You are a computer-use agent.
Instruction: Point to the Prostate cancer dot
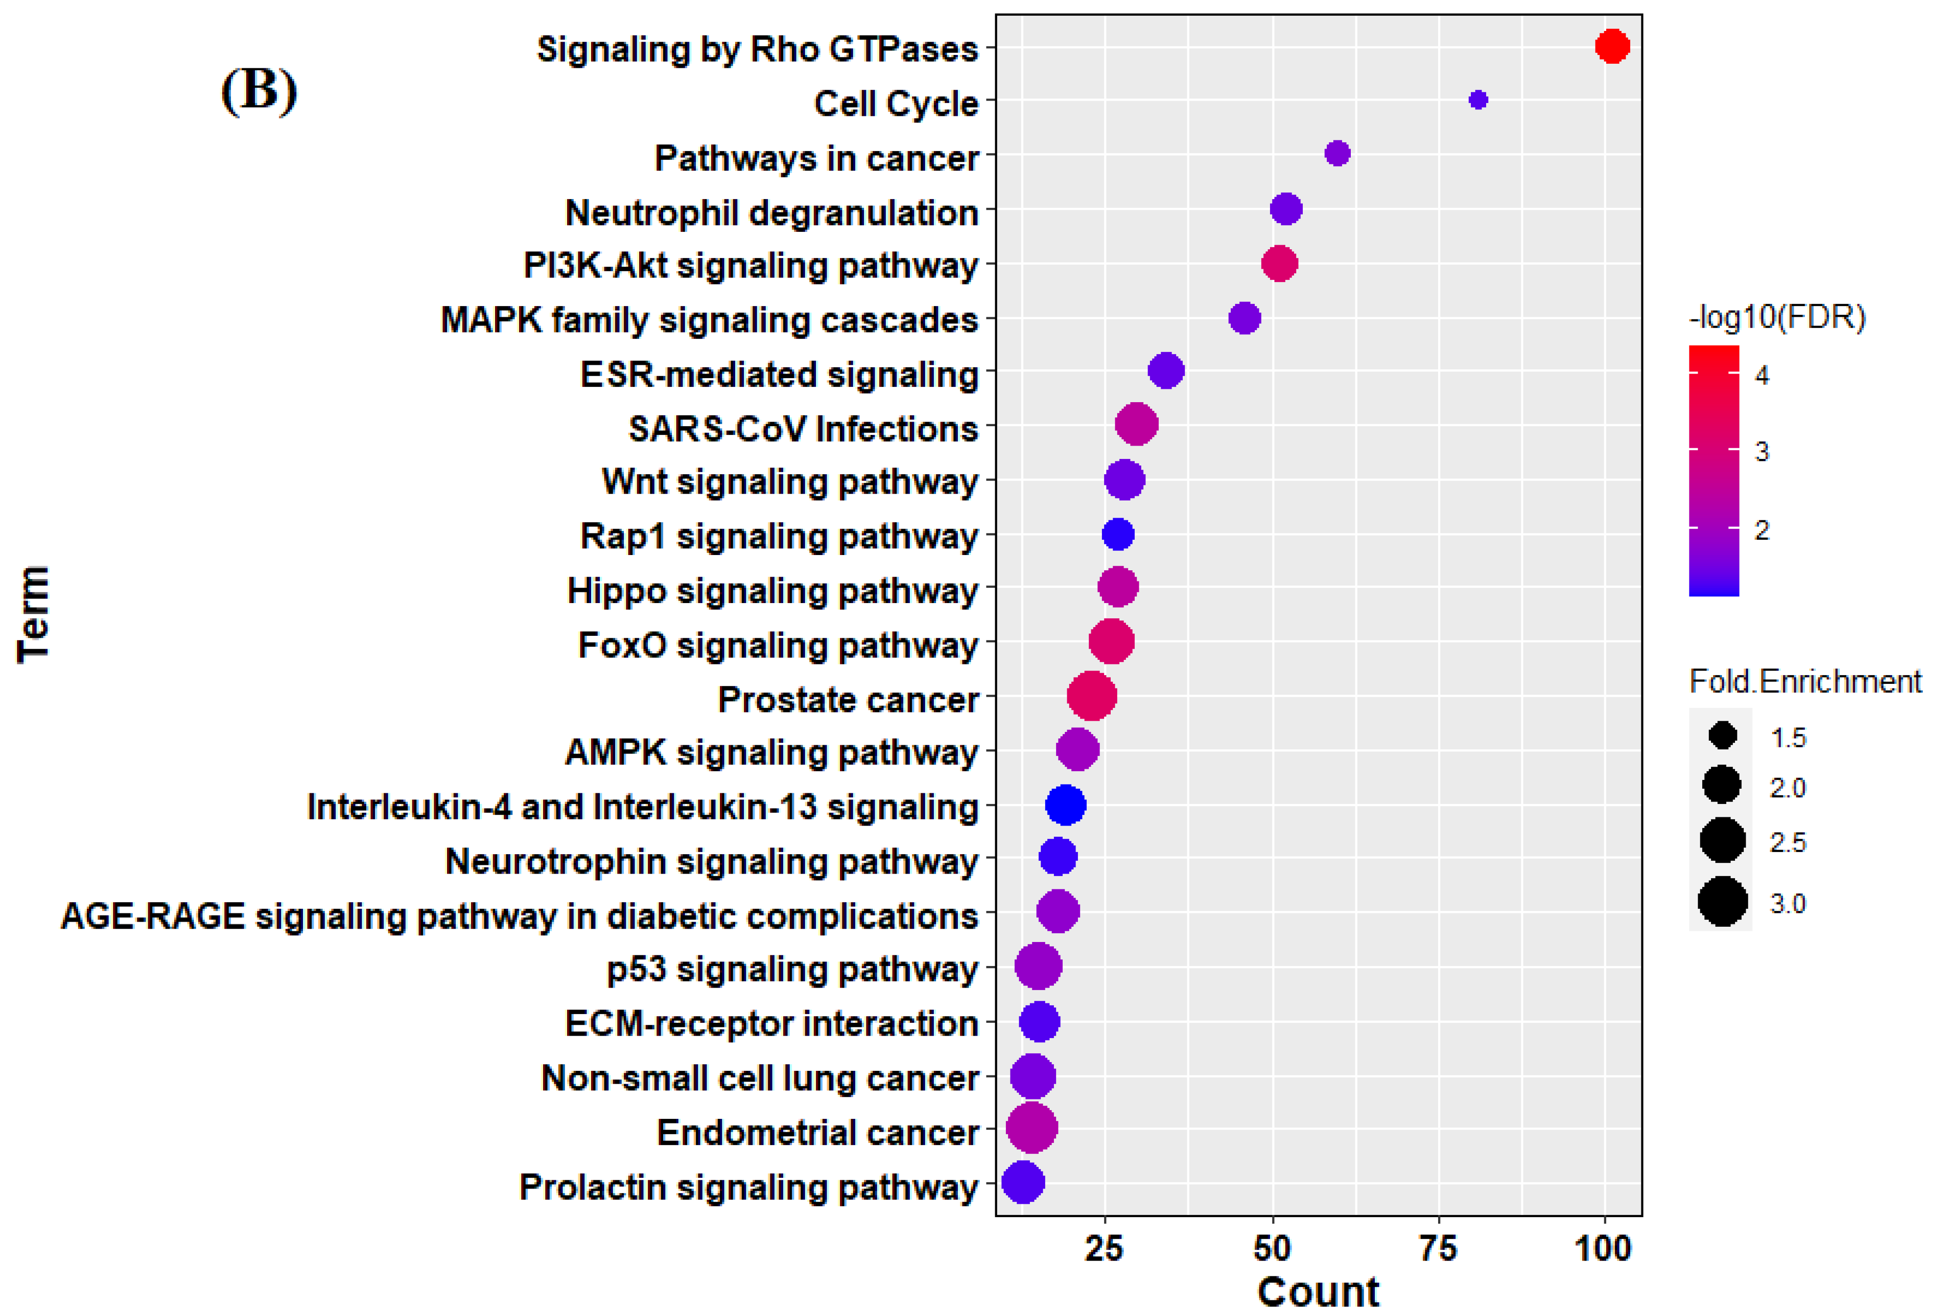point(1092,696)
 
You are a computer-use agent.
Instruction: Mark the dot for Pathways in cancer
point(1336,153)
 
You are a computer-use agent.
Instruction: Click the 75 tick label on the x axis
point(1438,1249)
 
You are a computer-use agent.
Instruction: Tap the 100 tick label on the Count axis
point(1603,1249)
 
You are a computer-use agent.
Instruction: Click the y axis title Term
point(33,614)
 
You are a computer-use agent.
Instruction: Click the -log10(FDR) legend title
point(1777,317)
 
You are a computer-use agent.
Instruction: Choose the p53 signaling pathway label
point(792,969)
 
